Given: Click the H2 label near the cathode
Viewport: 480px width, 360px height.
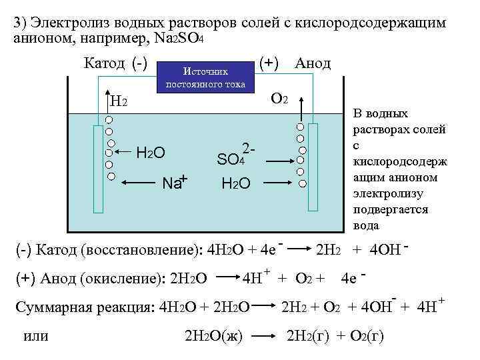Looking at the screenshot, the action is pyautogui.click(x=119, y=101).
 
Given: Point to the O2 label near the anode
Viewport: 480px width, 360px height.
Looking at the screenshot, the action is pyautogui.click(x=279, y=99).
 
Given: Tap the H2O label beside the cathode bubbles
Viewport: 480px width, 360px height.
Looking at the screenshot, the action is pyautogui.click(x=151, y=153).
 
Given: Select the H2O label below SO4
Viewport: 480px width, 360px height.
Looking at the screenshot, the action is pyautogui.click(x=235, y=183).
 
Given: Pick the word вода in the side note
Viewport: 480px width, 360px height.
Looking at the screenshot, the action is pyautogui.click(x=367, y=225).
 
